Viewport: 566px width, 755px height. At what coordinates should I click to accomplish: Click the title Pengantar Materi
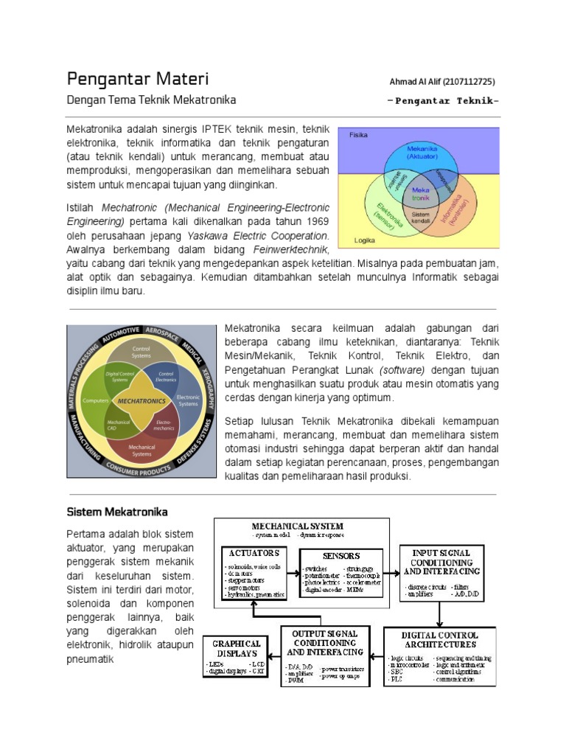click(138, 79)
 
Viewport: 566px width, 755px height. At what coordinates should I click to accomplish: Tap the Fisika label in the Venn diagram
click(358, 136)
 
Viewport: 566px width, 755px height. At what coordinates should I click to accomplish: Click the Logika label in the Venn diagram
click(365, 240)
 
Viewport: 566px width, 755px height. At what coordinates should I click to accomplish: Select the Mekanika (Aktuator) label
click(422, 152)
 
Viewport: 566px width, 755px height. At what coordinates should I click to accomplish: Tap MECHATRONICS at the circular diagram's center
click(141, 400)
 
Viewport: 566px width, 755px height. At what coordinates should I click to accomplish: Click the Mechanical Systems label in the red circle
click(141, 449)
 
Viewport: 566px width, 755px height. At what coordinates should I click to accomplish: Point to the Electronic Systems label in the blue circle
click(189, 400)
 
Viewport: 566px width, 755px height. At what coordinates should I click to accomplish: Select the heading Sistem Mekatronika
click(117, 512)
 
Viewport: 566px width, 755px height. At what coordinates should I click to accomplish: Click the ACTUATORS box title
click(254, 552)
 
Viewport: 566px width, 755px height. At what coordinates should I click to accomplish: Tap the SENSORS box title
click(340, 555)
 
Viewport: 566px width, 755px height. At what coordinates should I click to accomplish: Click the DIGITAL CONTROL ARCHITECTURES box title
click(439, 639)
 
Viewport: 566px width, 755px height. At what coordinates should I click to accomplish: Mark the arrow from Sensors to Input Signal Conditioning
click(391, 571)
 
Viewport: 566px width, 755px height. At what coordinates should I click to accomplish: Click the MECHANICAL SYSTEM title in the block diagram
click(297, 526)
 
